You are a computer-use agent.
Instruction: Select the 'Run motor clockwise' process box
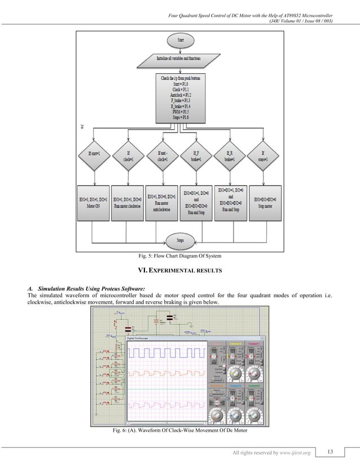tap(127, 203)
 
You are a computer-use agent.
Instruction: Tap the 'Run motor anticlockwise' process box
tap(162, 203)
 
